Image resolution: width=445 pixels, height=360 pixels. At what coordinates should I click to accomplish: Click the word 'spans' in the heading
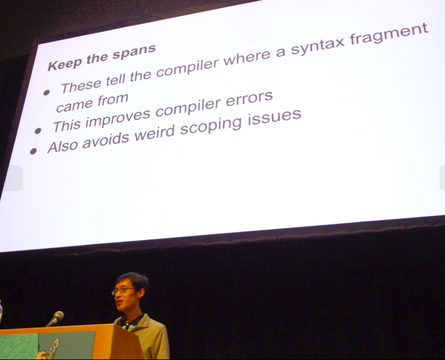[134, 51]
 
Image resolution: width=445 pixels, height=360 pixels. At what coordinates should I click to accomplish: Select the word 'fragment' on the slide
[389, 34]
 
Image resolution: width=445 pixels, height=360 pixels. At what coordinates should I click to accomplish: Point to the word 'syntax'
[318, 45]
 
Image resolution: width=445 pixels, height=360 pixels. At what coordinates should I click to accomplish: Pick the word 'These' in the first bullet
[81, 86]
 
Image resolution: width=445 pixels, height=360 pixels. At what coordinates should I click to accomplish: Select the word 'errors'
[249, 99]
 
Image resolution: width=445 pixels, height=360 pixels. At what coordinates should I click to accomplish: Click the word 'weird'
[154, 133]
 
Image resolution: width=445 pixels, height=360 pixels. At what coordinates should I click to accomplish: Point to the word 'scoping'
[211, 126]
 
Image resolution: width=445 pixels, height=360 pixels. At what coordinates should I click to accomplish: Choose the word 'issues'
[274, 117]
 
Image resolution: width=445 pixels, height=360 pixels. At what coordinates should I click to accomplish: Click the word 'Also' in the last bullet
[62, 146]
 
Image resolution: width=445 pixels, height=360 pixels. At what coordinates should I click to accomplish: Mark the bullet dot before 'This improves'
[38, 130]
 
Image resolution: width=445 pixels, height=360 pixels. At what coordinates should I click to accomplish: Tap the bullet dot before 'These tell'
[47, 92]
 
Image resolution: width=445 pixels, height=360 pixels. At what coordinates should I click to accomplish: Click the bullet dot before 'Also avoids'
[33, 151]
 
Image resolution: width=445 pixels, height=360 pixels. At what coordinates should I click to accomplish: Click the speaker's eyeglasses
[123, 290]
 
